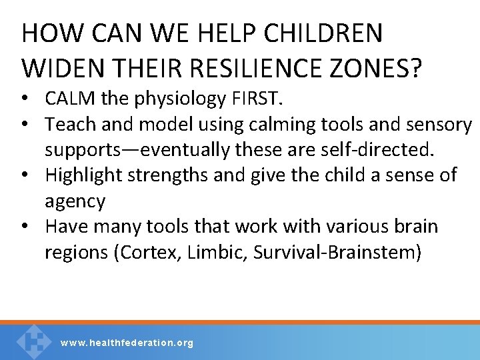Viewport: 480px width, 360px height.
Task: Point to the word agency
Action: click(x=75, y=201)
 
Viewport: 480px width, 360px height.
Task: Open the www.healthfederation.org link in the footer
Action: click(x=127, y=343)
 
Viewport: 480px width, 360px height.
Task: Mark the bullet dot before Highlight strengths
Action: click(x=29, y=176)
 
